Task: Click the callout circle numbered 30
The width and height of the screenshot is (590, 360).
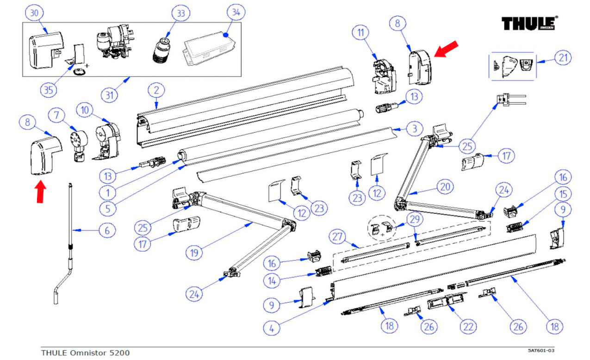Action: point(35,13)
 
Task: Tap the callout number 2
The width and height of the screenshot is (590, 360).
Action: point(156,89)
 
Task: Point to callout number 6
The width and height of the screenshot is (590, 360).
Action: point(107,230)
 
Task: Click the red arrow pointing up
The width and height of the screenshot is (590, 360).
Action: point(41,192)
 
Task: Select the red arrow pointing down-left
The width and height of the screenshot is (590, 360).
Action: point(446,50)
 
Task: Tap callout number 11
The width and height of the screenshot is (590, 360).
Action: point(361,33)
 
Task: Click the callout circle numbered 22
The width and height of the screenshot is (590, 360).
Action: point(469,327)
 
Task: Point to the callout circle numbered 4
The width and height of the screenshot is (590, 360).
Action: point(272,328)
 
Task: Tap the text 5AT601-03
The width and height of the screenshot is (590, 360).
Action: point(541,350)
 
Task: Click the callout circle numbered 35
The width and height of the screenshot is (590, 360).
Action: point(47,90)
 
